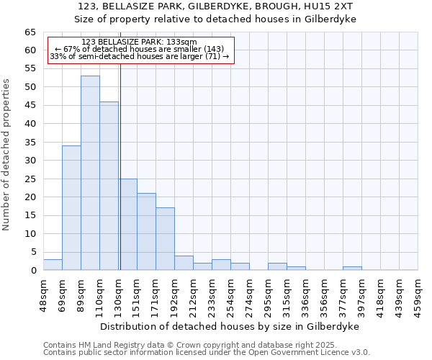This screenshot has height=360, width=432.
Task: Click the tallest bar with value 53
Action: click(90, 173)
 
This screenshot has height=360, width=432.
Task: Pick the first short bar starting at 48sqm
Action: click(53, 265)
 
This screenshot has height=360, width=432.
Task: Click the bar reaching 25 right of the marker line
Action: click(128, 225)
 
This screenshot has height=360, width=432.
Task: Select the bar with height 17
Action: click(165, 239)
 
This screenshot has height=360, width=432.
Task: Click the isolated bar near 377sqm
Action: click(352, 269)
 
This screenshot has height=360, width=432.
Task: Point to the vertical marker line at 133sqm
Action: click(120, 166)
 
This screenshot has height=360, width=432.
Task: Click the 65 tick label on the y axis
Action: click(30, 32)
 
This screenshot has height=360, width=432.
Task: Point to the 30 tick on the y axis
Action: click(30, 161)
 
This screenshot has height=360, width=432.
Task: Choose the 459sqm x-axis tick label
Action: click(418, 293)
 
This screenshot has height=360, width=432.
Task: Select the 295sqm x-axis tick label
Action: click(268, 293)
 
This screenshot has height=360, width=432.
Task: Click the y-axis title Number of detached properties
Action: click(6, 154)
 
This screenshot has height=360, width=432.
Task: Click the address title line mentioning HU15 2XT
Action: click(215, 6)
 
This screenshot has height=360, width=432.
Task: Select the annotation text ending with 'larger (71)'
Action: click(140, 56)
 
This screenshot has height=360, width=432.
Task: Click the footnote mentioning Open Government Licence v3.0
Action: click(207, 353)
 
